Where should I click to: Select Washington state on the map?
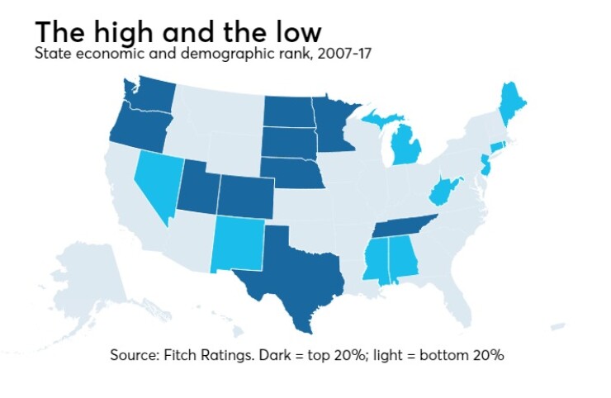click(x=149, y=97)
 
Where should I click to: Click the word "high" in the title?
click(x=125, y=33)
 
